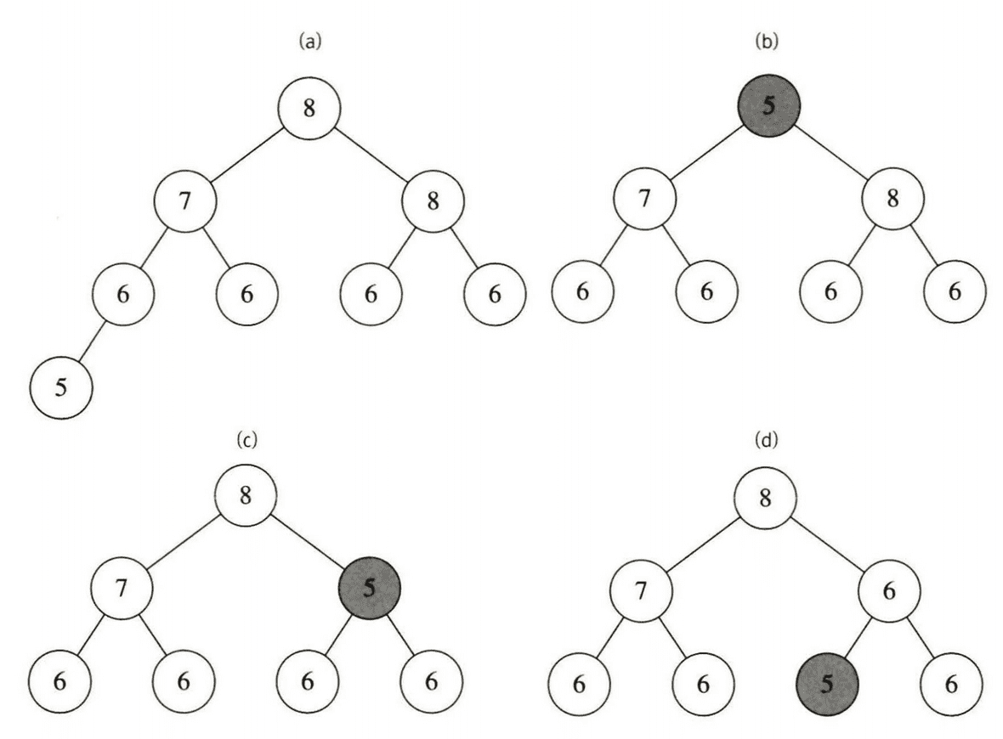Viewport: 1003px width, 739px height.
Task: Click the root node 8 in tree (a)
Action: point(309,110)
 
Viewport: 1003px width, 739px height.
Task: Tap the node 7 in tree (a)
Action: point(185,202)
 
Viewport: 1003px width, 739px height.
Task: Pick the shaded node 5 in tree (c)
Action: point(368,589)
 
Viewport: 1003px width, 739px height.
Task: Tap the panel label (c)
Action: point(246,439)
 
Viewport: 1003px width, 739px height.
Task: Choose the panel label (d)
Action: point(767,439)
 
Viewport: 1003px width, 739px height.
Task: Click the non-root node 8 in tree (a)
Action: point(433,202)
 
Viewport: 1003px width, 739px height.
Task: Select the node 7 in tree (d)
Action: point(643,589)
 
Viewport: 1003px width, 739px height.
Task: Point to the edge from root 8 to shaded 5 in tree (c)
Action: point(307,542)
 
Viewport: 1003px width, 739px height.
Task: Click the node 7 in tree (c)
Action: point(122,589)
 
